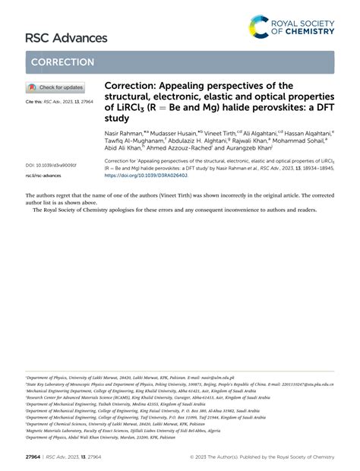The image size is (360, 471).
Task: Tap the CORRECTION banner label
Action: pyautogui.click(x=62, y=62)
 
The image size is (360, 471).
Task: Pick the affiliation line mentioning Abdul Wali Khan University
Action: pyautogui.click(x=95, y=438)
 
